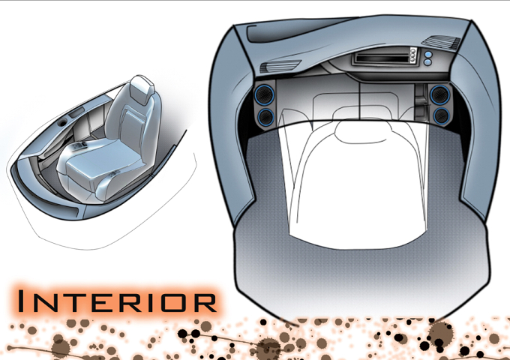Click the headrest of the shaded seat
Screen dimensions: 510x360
point(141,85)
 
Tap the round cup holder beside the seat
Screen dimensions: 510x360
point(61,121)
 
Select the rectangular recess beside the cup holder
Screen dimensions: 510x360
point(76,113)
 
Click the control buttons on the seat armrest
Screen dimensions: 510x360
point(80,146)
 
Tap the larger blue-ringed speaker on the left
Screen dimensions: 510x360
point(264,94)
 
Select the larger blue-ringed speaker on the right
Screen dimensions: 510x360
point(439,94)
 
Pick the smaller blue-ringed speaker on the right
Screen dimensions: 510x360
point(442,115)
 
